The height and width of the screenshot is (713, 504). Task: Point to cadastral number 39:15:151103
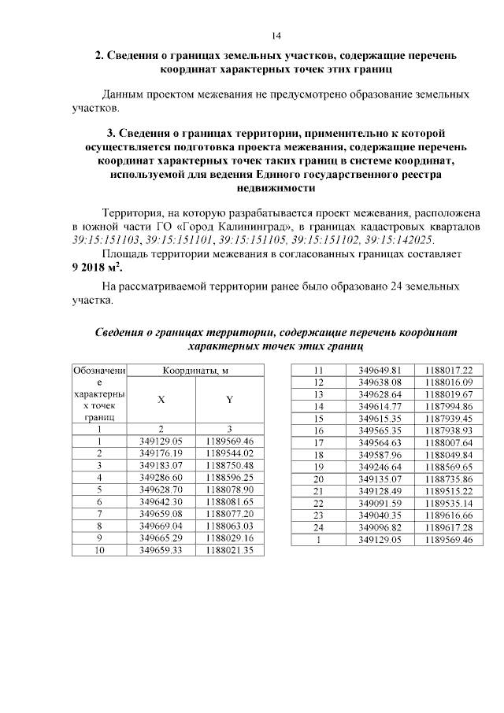[105, 238]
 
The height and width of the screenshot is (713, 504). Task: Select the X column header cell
[161, 399]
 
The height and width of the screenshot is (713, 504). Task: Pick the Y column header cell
[229, 399]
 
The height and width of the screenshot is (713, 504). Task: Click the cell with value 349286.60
[161, 477]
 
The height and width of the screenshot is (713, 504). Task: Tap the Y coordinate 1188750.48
[229, 465]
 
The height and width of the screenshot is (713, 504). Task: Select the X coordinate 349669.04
[161, 524]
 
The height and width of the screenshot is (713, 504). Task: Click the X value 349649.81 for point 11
[380, 370]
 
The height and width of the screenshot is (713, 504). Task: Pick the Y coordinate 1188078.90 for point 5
[229, 489]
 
